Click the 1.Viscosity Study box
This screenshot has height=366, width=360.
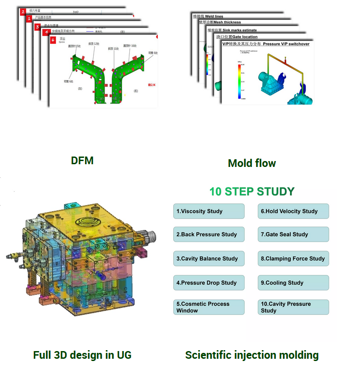point(208,211)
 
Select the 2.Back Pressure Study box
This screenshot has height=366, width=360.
point(208,234)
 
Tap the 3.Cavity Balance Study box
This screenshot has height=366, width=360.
point(208,259)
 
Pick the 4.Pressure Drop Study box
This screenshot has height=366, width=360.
point(208,283)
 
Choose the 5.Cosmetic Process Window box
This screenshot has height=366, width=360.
point(208,307)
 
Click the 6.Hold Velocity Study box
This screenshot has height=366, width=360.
point(293,211)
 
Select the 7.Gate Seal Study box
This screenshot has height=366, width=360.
point(293,234)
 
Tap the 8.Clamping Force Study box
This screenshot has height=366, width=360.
point(293,259)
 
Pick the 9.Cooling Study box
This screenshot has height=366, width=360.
point(293,283)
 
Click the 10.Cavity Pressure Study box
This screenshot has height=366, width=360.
point(293,307)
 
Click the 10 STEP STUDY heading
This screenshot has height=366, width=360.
point(252,191)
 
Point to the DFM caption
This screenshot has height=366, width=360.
point(82,161)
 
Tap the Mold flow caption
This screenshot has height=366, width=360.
point(252,163)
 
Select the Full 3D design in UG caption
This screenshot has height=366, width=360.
point(82,355)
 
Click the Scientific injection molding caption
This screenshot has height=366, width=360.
point(252,355)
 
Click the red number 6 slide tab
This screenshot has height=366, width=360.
point(53,40)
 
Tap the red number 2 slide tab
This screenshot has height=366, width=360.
point(23,12)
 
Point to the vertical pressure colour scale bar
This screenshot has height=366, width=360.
point(239,81)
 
